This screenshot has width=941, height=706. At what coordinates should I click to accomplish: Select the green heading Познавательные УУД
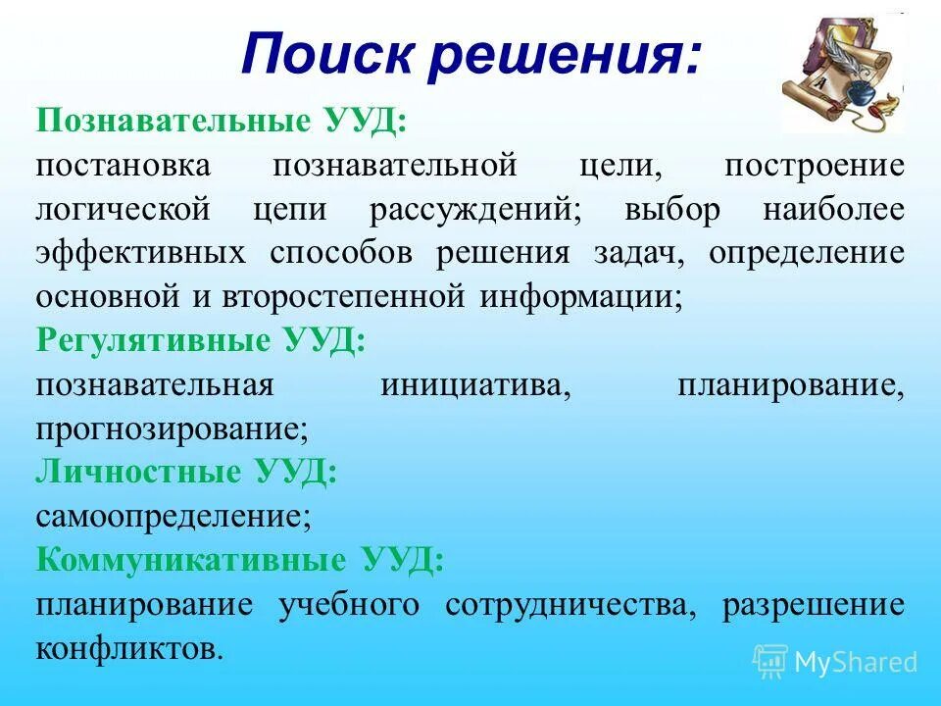(x=222, y=123)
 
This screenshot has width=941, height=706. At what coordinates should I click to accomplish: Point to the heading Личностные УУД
(x=186, y=472)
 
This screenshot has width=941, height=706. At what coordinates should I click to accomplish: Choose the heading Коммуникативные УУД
(x=239, y=560)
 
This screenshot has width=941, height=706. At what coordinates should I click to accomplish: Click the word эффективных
(x=140, y=253)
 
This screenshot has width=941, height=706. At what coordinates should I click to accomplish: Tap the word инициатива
(x=475, y=384)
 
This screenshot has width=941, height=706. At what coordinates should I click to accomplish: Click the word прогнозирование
(x=173, y=429)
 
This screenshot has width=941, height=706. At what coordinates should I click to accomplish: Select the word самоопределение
(x=173, y=516)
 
